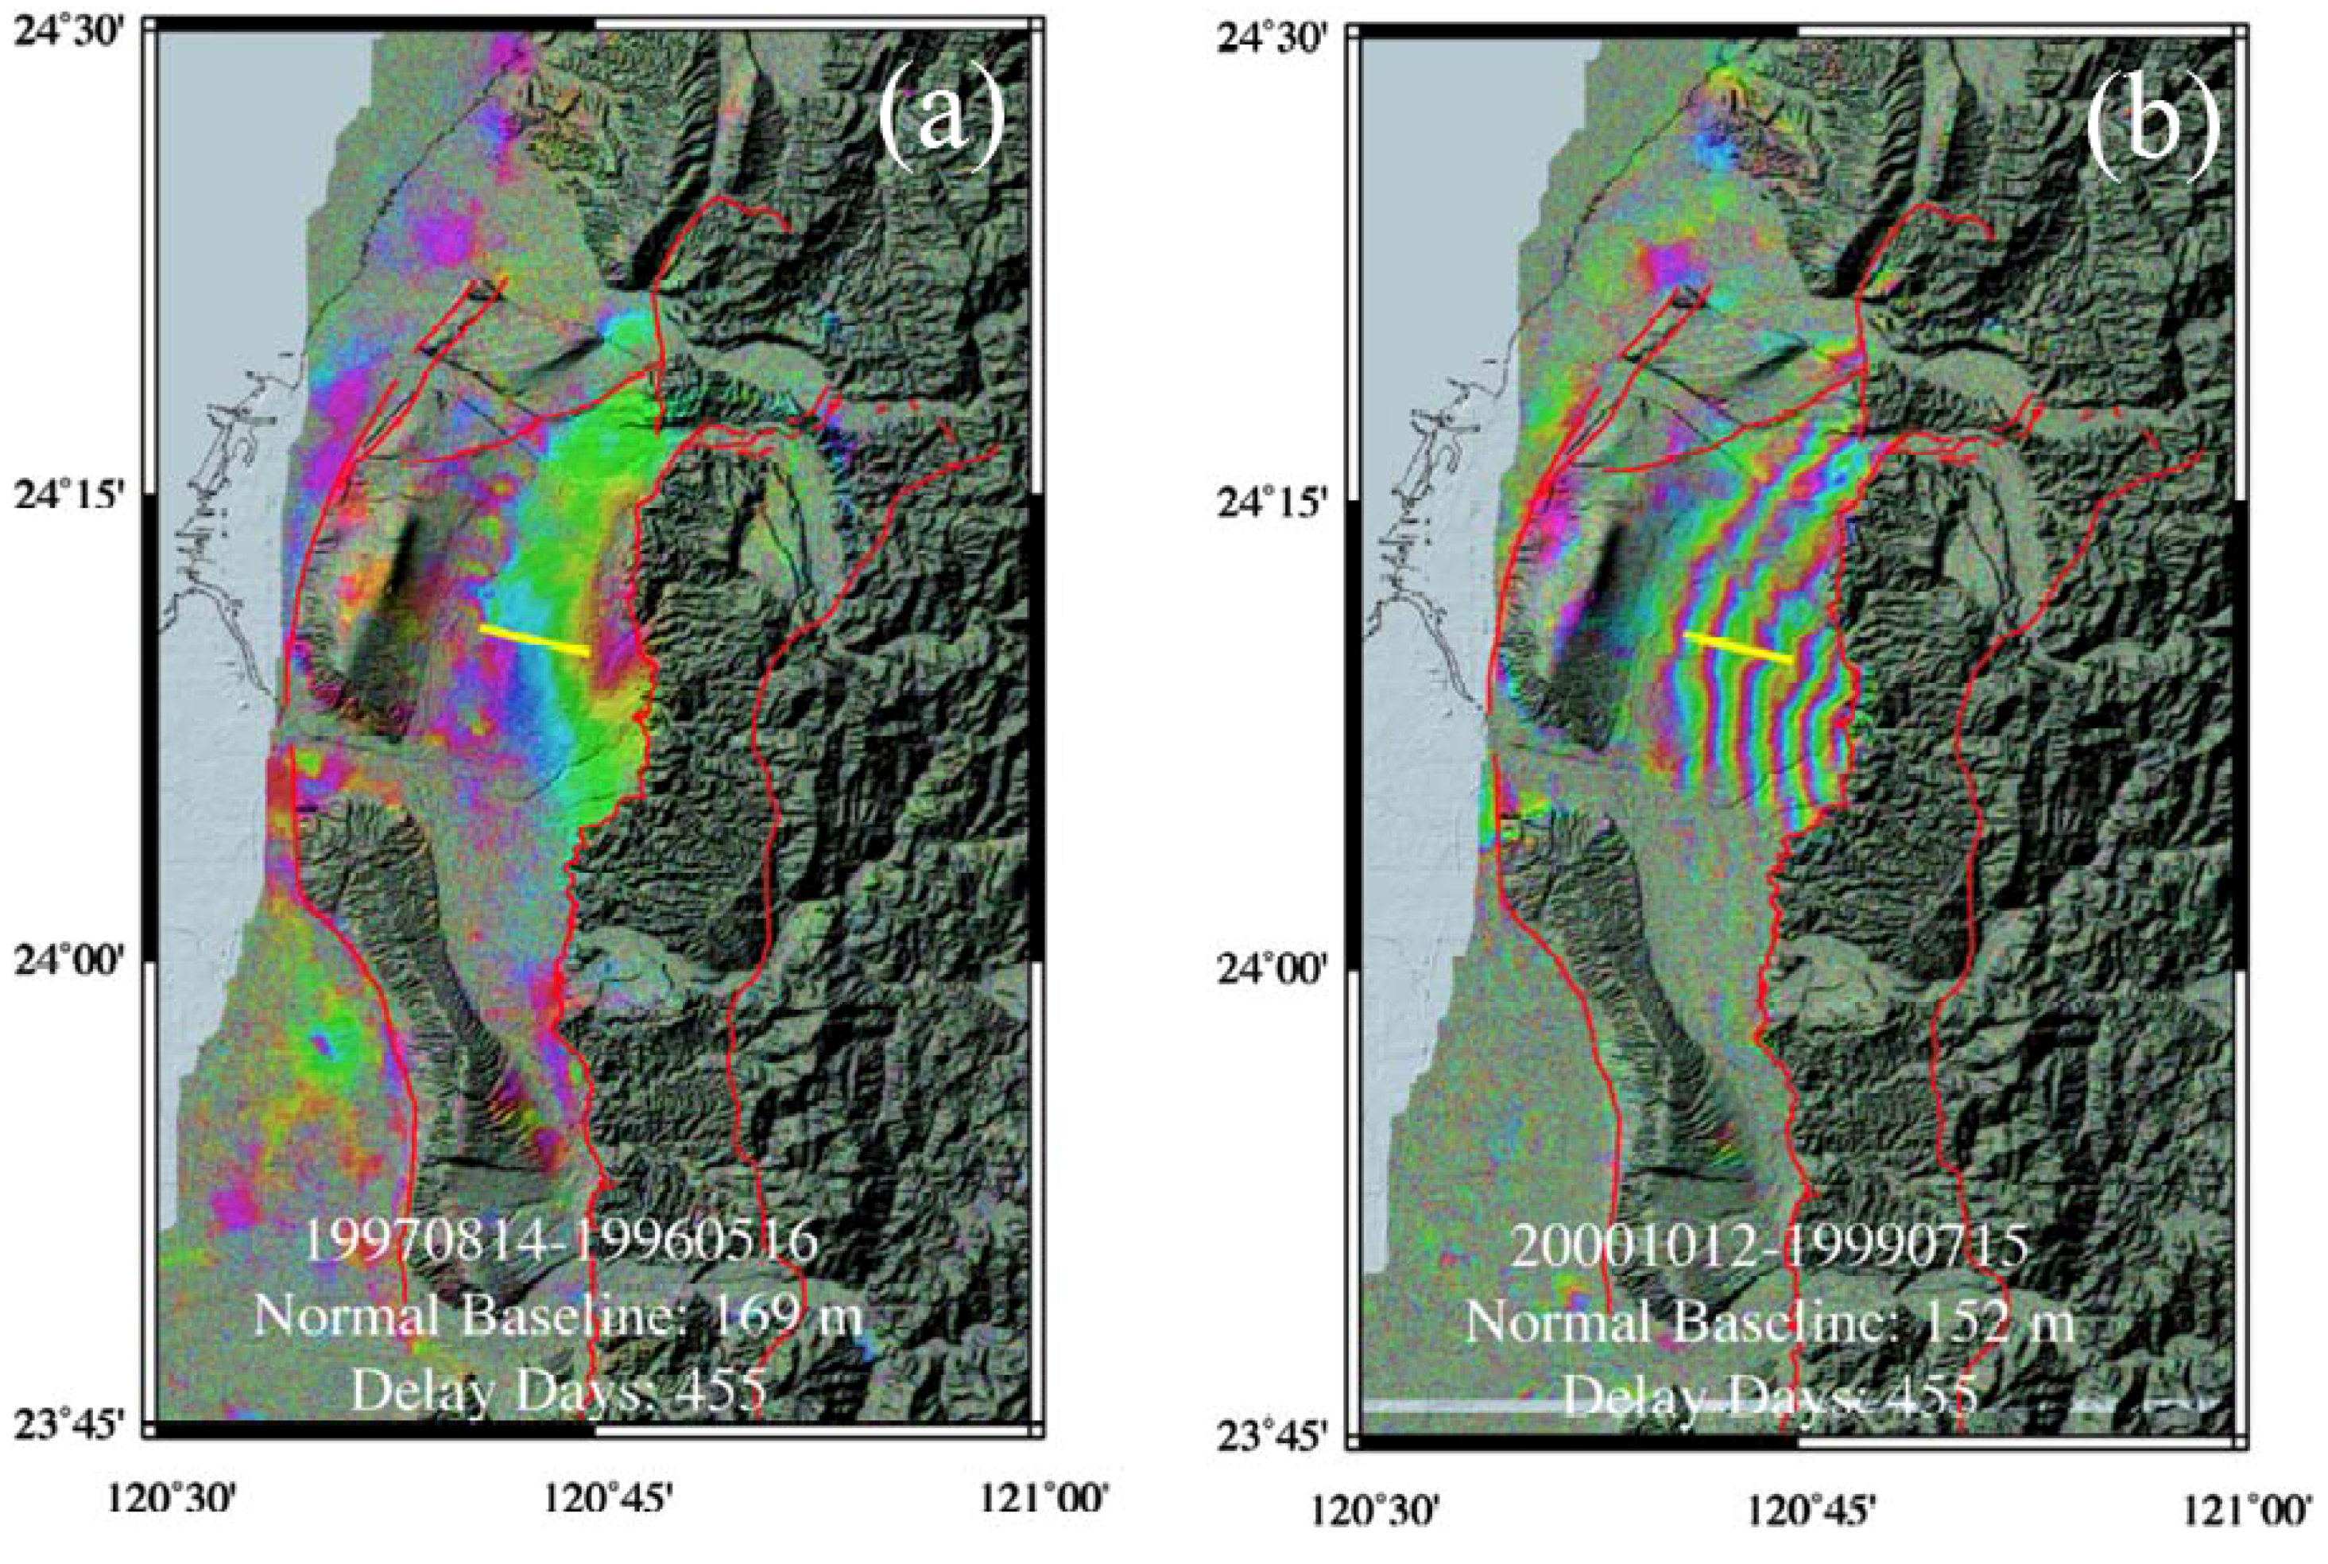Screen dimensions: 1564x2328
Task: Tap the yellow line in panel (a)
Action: [534, 639]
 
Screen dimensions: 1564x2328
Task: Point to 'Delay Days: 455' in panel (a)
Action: [558, 1391]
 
